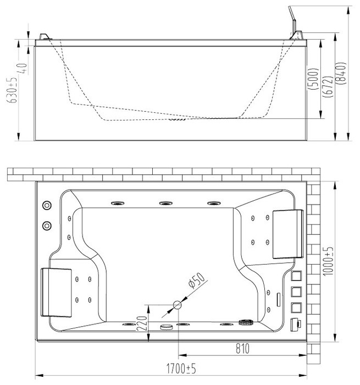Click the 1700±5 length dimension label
(x=181, y=369)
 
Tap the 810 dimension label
(x=242, y=348)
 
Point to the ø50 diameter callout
(x=196, y=280)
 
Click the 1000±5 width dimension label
(x=328, y=261)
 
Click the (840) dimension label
(x=341, y=73)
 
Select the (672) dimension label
(x=329, y=86)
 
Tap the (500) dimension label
(x=314, y=79)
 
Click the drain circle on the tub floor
(x=177, y=305)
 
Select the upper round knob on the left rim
(x=47, y=205)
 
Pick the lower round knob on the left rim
(x=47, y=226)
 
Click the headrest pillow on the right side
(x=288, y=234)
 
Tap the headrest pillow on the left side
(x=56, y=293)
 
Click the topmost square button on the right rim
(x=296, y=276)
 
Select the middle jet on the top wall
(x=165, y=204)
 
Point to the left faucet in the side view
(x=46, y=37)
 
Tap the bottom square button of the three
(x=296, y=307)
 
